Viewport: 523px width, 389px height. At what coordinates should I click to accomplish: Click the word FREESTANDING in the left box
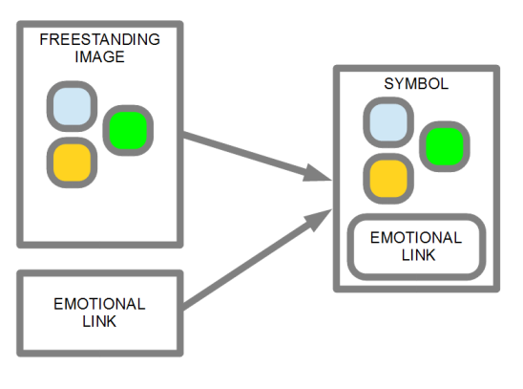point(99,39)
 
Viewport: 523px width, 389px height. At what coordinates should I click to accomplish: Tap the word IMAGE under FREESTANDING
point(99,56)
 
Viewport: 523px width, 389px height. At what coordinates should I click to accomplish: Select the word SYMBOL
point(416,83)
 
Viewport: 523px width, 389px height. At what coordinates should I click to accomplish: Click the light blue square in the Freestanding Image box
point(72,106)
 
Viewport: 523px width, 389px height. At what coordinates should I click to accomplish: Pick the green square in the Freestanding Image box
point(128,131)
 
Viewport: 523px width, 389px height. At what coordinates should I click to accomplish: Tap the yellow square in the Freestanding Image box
point(72,162)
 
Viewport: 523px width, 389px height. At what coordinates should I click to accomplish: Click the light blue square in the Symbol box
point(388,122)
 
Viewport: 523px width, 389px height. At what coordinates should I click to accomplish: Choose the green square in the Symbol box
point(445,146)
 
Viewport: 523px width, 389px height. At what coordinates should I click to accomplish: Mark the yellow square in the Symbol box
point(388,179)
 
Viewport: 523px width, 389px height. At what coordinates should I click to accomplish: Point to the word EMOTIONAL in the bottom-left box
point(99,304)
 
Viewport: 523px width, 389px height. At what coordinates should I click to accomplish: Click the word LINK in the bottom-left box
point(99,321)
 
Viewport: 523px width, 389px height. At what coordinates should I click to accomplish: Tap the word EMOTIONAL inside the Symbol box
point(416,238)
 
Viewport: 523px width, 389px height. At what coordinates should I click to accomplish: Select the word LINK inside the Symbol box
point(418,255)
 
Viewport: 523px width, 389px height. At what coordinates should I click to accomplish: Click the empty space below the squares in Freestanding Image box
point(100,215)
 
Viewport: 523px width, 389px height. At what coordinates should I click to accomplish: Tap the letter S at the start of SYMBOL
point(388,83)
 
